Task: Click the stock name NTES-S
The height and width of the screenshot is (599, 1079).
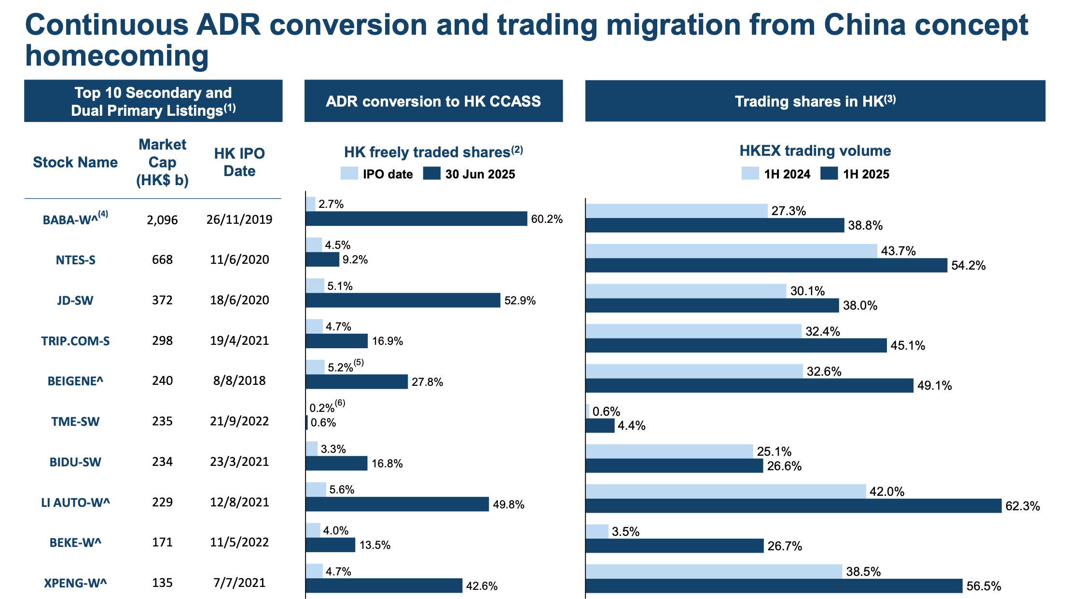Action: pos(75,260)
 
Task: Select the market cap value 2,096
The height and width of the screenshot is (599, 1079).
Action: pos(162,220)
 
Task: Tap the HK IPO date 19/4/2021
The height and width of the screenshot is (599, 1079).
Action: pos(239,340)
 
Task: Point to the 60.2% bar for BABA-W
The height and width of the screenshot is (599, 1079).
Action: pos(416,219)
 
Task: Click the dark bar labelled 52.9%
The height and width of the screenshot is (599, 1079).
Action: pos(403,300)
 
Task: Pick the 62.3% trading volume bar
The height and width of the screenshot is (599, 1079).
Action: pos(793,506)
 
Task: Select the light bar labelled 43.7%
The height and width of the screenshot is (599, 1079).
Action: pos(731,251)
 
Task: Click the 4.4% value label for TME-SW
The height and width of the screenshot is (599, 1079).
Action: pos(631,425)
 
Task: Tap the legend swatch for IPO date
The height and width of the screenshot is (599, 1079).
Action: pos(349,174)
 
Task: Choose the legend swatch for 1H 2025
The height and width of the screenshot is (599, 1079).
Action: pos(829,174)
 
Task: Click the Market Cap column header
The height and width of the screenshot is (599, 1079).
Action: pos(162,162)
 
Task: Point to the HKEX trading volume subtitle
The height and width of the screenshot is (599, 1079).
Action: pos(815,150)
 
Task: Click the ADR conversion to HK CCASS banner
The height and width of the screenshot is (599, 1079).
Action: pos(433,101)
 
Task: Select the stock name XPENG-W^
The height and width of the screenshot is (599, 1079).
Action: pos(75,583)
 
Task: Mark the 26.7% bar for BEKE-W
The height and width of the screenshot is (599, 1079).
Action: pos(674,546)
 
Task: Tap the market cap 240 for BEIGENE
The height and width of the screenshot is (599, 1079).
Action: pos(162,381)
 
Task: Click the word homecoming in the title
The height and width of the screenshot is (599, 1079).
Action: pos(117,56)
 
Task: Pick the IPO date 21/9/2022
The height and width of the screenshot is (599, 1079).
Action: pos(239,421)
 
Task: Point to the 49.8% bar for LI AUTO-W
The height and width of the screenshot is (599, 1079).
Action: pos(397,504)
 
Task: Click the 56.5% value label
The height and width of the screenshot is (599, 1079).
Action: pos(983,586)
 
